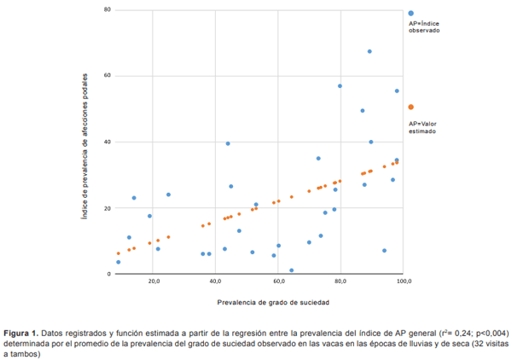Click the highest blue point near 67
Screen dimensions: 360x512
(x=369, y=51)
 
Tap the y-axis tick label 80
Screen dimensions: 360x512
(x=84, y=9)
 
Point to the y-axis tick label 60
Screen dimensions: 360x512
(x=84, y=76)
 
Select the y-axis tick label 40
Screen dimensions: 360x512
(x=84, y=142)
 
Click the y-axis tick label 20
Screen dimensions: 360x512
(x=84, y=208)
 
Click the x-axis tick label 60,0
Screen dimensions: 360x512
(x=278, y=281)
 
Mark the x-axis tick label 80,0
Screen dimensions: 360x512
(x=340, y=281)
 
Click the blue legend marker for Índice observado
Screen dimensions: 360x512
(x=411, y=14)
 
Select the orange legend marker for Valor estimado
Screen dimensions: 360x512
(x=411, y=107)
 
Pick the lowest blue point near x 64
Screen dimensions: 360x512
(x=292, y=270)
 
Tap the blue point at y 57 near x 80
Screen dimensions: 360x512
(x=340, y=86)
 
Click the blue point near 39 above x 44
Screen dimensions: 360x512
(x=228, y=143)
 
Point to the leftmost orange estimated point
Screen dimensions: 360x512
(x=118, y=253)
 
